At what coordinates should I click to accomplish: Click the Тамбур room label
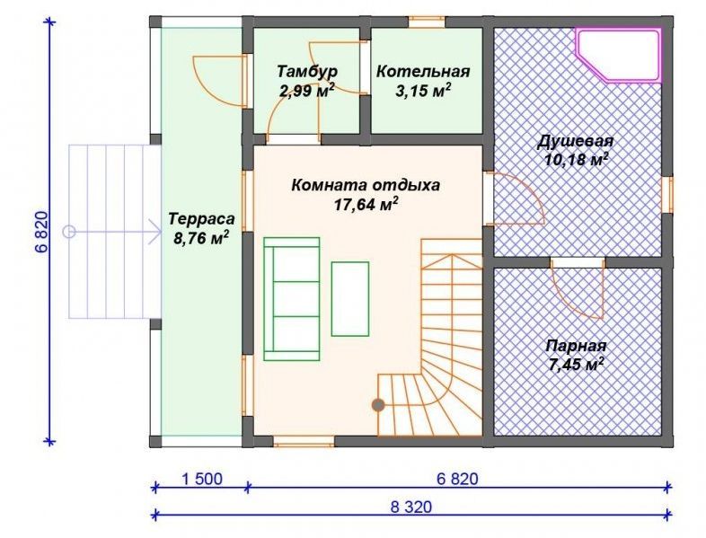click(x=306, y=72)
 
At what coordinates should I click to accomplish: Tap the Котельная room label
click(x=423, y=72)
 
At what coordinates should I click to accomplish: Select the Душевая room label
click(x=576, y=141)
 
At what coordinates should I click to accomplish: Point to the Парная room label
click(x=576, y=346)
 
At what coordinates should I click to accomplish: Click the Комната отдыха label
click(x=366, y=185)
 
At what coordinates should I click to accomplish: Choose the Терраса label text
click(x=202, y=219)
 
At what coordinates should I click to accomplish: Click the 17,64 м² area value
click(x=366, y=205)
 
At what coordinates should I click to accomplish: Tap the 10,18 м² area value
click(x=577, y=160)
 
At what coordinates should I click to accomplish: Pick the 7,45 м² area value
click(x=577, y=365)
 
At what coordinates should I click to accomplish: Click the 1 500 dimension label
click(x=202, y=479)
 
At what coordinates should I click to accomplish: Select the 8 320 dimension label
click(x=410, y=507)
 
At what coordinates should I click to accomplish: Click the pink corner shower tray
click(x=620, y=55)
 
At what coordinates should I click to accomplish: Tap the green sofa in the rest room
click(x=292, y=299)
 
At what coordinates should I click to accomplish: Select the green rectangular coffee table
click(x=350, y=299)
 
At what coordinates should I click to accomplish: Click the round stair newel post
click(x=378, y=405)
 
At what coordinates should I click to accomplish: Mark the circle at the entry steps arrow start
click(x=69, y=232)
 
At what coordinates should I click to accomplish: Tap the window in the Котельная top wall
click(x=427, y=22)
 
